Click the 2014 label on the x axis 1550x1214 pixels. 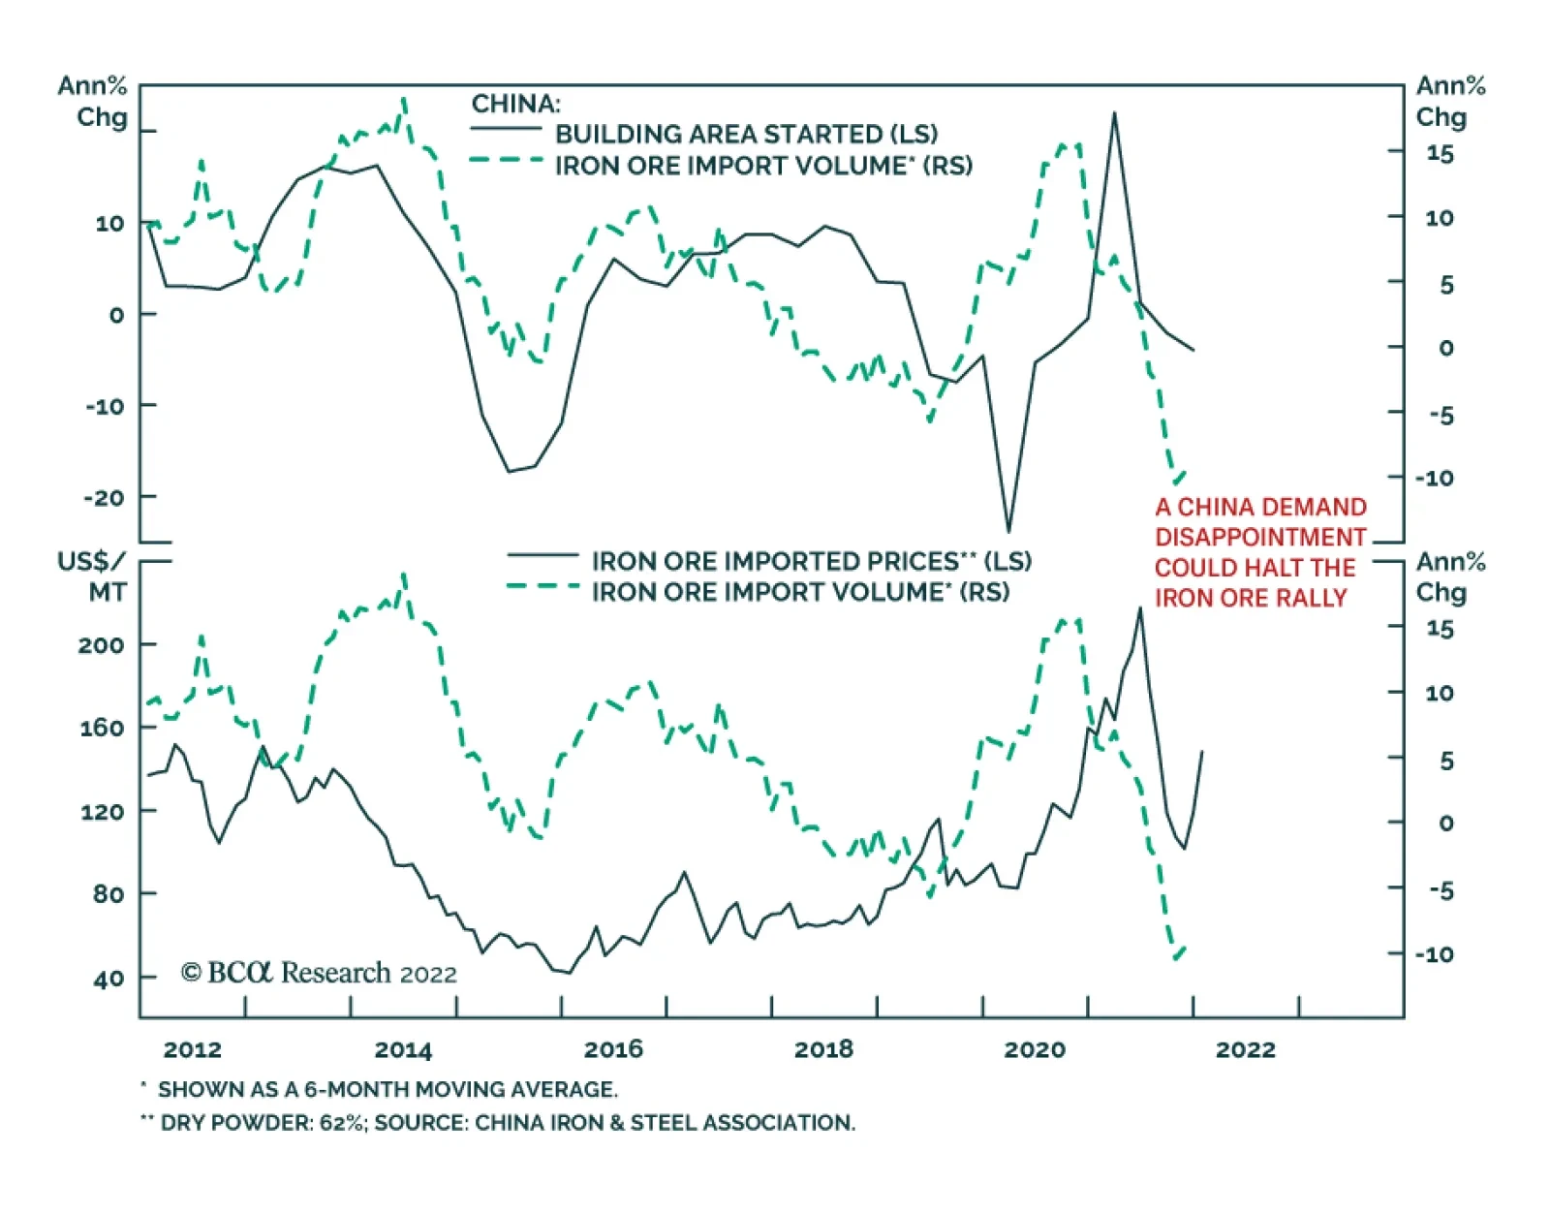pos(403,1049)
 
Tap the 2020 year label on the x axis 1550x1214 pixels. pos(1035,1049)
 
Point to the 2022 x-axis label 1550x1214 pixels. pos(1246,1049)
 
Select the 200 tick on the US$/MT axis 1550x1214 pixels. pos(101,645)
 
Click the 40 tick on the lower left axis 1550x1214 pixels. pos(108,979)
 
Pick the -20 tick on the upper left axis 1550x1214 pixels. pos(105,498)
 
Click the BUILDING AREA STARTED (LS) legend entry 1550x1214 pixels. pos(746,134)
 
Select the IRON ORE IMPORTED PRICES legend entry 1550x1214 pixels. pos(812,561)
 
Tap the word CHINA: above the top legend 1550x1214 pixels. pos(515,104)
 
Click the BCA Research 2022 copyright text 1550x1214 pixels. pos(319,973)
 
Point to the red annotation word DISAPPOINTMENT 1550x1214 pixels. pos(1260,537)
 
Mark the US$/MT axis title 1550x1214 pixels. pos(92,576)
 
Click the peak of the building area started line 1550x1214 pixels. pos(1114,113)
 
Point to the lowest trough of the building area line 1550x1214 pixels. pos(1008,531)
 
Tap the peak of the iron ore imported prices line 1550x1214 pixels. pos(1140,608)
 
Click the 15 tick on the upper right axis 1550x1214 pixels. pos(1440,154)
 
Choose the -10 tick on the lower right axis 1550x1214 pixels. pos(1435,954)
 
